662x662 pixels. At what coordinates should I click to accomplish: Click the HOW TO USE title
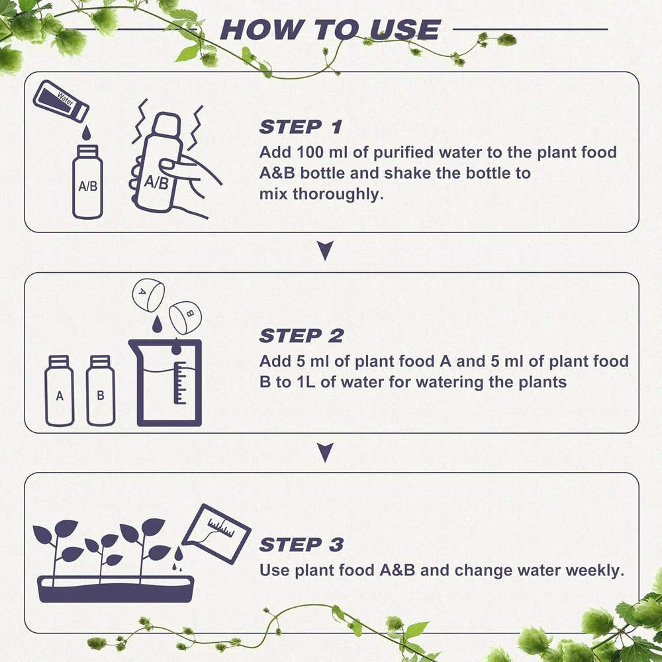tap(330, 30)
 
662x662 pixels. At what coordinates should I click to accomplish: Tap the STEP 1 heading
tap(300, 127)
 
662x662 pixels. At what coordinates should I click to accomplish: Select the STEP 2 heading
tap(301, 336)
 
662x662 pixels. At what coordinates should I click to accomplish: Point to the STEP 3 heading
tap(301, 545)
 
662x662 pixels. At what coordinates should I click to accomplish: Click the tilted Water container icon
tap(61, 101)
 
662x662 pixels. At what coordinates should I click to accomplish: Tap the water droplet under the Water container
tap(86, 132)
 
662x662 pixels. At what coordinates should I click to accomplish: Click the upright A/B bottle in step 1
tap(87, 182)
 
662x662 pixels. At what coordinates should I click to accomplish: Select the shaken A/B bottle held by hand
tap(159, 163)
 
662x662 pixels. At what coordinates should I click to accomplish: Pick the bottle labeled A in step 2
tap(60, 391)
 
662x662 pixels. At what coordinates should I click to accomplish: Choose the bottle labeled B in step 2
tap(101, 391)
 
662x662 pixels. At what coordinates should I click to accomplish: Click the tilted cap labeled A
tap(148, 295)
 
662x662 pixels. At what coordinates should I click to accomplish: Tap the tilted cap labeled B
tap(185, 317)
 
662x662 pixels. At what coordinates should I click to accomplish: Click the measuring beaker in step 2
tap(166, 383)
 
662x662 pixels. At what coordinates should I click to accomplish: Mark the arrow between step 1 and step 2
tap(325, 250)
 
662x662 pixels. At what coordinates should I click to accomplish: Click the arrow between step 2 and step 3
tap(325, 452)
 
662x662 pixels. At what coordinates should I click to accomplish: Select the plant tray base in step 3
tap(116, 589)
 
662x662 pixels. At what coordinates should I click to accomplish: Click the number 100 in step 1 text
tap(310, 152)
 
